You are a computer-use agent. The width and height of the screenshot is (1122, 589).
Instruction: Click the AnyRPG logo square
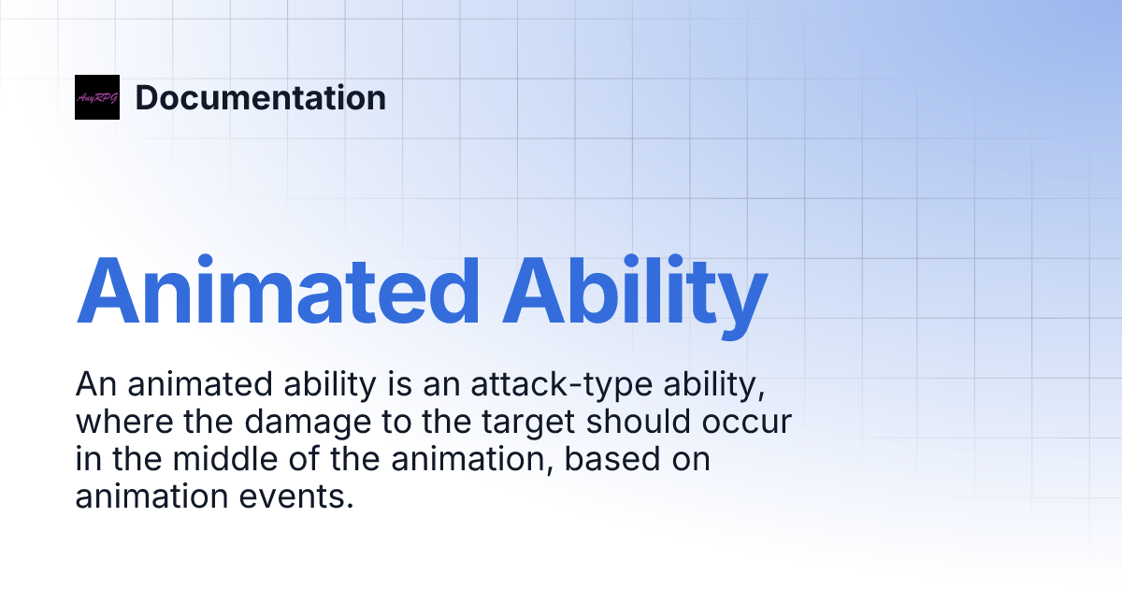tap(97, 97)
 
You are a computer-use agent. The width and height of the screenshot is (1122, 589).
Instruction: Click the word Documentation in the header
tap(260, 97)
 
